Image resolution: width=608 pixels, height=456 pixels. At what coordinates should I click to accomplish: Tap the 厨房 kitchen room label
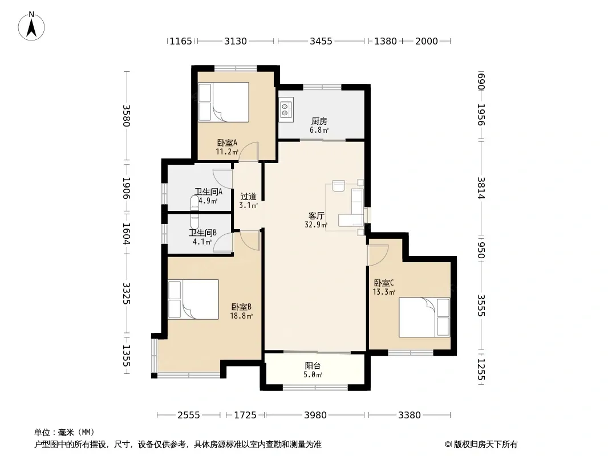[319, 121]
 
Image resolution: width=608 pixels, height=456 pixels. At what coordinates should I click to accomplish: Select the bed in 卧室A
[224, 102]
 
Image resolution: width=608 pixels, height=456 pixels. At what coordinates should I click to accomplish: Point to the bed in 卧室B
[193, 299]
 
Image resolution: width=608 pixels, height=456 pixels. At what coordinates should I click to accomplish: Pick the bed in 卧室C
[424, 317]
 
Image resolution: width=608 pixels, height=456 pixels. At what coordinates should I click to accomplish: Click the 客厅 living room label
[316, 215]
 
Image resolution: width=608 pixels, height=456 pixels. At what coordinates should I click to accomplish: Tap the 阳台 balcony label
[313, 366]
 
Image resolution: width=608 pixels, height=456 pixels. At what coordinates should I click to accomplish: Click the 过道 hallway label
[248, 197]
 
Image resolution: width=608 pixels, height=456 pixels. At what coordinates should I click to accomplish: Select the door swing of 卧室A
[249, 152]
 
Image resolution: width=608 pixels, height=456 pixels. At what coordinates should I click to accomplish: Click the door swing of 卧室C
[378, 255]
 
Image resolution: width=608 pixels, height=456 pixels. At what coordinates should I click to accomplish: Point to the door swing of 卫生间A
[222, 180]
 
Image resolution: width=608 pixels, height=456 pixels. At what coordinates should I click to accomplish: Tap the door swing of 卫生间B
[223, 243]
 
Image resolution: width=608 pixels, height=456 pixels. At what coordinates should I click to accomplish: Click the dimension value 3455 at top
[321, 41]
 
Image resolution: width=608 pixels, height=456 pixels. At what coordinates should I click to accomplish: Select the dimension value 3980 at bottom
[315, 416]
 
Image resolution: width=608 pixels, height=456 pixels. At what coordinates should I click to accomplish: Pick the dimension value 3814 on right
[481, 188]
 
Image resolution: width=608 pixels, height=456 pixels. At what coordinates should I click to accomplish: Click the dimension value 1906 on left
[127, 188]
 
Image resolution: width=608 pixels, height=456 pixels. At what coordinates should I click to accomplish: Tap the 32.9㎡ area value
[316, 225]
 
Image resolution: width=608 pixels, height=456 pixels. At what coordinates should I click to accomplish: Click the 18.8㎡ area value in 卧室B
[241, 316]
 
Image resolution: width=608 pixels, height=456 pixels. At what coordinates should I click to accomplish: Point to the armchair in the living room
[339, 186]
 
